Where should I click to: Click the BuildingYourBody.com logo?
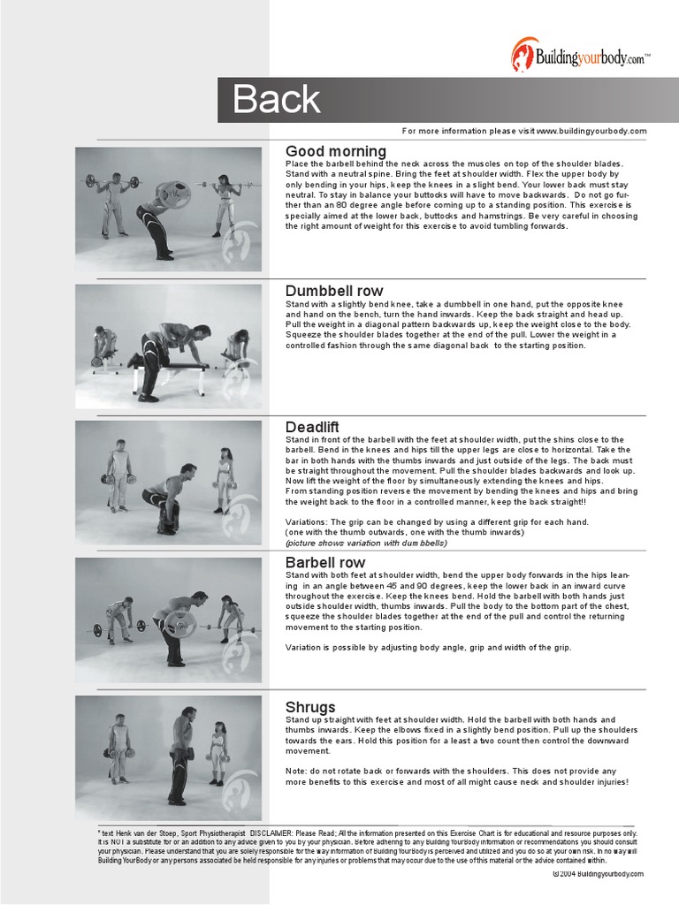click(580, 55)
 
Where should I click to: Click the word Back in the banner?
click(277, 101)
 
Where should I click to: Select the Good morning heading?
click(335, 151)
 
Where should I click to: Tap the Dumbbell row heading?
click(334, 291)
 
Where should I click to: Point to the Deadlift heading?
click(312, 427)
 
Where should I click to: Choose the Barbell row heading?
click(324, 562)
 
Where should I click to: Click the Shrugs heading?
click(310, 707)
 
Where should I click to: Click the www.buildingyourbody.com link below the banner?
click(591, 131)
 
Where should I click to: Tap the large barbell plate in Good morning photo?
click(172, 194)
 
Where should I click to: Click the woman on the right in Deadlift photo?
click(225, 480)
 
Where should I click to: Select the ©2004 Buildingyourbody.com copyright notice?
click(598, 874)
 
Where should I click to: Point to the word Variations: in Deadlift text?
click(308, 521)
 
